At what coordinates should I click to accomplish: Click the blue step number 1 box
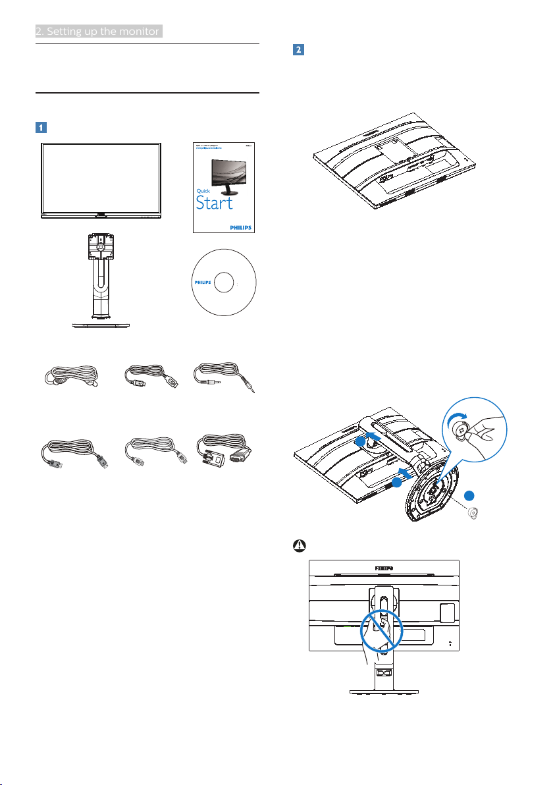pyautogui.click(x=41, y=127)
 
